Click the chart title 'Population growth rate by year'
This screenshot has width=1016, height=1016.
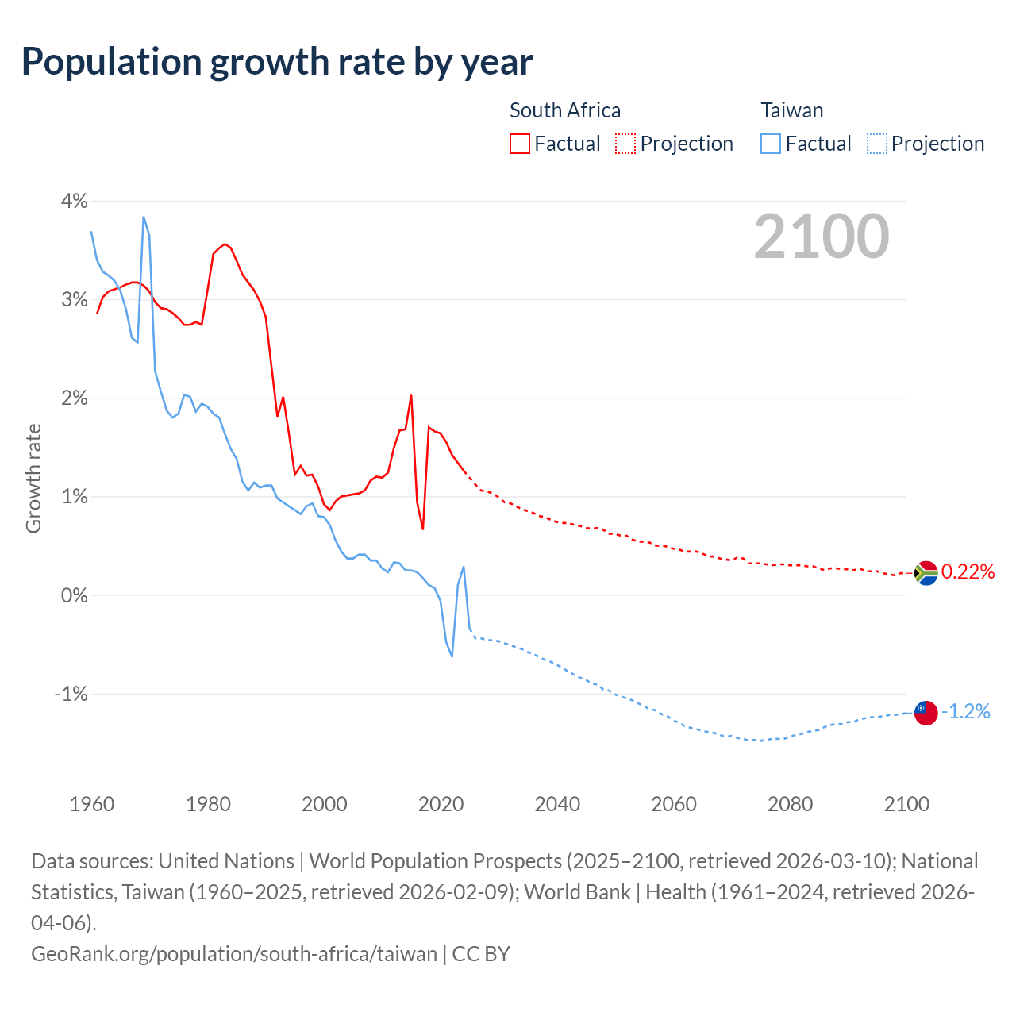tap(277, 61)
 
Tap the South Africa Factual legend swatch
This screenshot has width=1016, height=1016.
tap(519, 144)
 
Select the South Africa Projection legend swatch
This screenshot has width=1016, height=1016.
tap(625, 144)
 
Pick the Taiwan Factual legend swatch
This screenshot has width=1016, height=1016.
tap(770, 144)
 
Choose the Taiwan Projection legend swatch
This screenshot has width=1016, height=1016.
tap(876, 144)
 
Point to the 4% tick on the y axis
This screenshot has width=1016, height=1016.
tap(74, 201)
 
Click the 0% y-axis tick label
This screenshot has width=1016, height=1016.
tap(74, 595)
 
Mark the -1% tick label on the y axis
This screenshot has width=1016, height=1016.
tap(71, 694)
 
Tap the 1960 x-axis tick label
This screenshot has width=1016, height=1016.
tap(92, 804)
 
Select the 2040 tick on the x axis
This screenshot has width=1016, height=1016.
tap(557, 804)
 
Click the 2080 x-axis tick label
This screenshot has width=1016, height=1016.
tap(790, 804)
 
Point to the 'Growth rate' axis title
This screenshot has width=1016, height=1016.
tap(33, 479)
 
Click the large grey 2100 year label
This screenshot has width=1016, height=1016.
tap(821, 237)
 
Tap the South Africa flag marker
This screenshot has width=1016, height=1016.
tap(926, 572)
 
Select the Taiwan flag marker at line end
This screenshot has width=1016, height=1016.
tap(926, 713)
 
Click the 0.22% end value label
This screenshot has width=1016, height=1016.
tap(968, 572)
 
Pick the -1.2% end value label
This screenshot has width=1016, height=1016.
tap(966, 712)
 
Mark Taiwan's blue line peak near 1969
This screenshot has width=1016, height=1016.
tap(144, 217)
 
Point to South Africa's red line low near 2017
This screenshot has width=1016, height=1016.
tap(422, 529)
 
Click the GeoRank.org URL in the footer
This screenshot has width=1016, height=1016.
tap(233, 953)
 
